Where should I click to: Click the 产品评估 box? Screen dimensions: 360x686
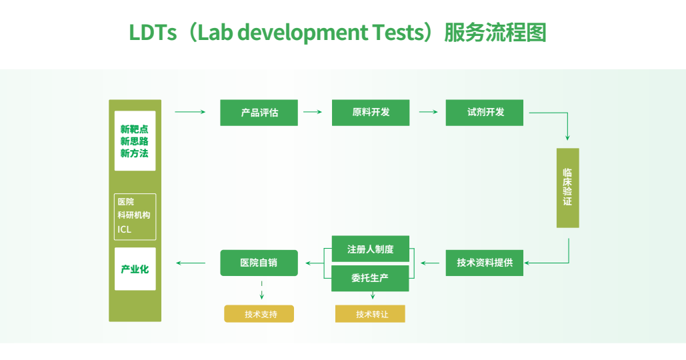tap(259, 113)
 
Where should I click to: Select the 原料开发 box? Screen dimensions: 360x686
tap(371, 113)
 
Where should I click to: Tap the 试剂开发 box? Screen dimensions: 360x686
tap(485, 113)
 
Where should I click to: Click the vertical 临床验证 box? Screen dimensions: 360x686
tap(567, 187)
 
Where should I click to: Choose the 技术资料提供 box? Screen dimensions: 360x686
tap(485, 263)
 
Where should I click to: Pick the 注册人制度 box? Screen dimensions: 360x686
tap(370, 249)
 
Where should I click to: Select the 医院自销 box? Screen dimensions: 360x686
tap(259, 263)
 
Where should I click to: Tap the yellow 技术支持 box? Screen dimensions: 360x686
tap(259, 314)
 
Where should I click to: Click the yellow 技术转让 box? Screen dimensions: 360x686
tap(371, 314)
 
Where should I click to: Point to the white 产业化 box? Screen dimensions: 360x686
tap(135, 269)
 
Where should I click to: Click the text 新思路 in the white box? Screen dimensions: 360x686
tap(135, 141)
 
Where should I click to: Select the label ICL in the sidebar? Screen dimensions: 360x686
tap(125, 229)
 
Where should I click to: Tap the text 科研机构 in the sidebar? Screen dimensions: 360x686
tap(134, 215)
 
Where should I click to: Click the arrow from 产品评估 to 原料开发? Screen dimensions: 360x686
tap(313, 113)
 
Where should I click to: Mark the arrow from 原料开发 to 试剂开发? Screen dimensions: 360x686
tap(427, 113)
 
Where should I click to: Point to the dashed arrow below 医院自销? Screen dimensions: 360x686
tap(261, 290)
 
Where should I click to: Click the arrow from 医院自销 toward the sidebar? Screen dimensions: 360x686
tap(191, 263)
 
